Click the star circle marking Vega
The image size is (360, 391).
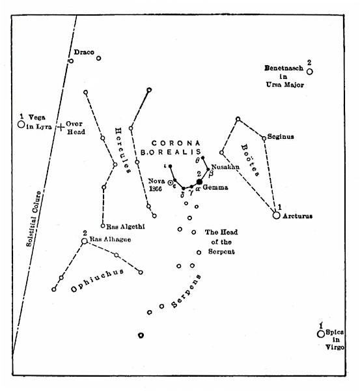tap(21, 123)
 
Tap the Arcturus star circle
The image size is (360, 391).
tap(277, 216)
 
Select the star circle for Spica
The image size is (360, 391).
tap(320, 334)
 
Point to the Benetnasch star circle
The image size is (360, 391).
tap(310, 72)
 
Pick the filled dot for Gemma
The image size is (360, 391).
tap(200, 182)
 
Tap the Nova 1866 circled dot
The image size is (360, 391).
tap(172, 183)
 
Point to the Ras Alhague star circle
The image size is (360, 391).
tap(84, 241)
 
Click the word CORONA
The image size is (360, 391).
tap(169, 142)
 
